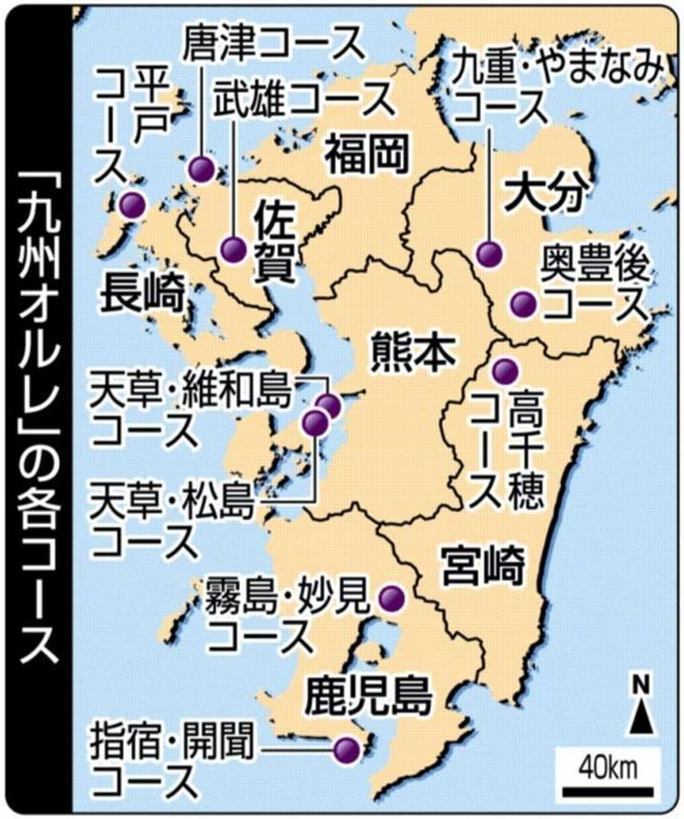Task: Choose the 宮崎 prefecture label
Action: (x=485, y=565)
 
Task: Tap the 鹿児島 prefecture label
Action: (x=368, y=695)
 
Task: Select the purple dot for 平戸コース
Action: (x=132, y=206)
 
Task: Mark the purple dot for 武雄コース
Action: (x=233, y=250)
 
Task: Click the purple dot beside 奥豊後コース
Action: (x=523, y=303)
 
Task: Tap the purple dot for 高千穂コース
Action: (x=504, y=371)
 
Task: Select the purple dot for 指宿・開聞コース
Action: (x=347, y=749)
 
